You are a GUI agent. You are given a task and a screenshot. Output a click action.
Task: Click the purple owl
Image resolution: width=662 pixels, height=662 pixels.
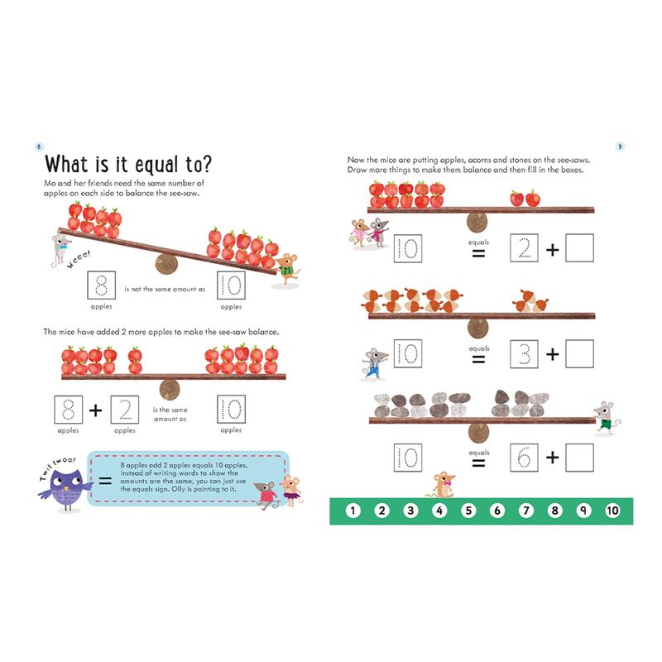tap(66, 490)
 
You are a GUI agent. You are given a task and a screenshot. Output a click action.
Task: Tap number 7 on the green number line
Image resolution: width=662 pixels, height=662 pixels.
tap(526, 511)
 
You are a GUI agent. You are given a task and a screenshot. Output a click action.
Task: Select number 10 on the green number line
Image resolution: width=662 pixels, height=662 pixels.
tap(612, 511)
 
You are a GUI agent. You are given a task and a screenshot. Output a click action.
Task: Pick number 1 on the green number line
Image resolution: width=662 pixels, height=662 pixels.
tap(353, 511)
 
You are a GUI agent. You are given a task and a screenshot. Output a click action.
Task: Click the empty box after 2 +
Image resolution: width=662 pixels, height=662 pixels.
tap(580, 248)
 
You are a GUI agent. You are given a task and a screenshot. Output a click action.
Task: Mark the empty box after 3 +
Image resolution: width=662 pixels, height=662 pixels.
tap(580, 354)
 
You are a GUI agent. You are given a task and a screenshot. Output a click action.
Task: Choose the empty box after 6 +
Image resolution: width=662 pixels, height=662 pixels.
tap(580, 458)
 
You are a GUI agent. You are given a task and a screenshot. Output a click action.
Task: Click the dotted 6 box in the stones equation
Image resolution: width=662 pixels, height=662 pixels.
tap(524, 458)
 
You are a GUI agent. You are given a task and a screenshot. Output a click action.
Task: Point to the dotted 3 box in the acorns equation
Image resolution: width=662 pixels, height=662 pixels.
tap(524, 354)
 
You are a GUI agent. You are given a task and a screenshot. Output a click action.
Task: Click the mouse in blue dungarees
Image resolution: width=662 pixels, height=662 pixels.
tap(374, 364)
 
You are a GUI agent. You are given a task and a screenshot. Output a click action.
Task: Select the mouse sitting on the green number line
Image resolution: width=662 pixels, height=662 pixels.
tap(442, 485)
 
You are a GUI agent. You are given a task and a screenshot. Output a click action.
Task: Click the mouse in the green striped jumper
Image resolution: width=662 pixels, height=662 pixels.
tap(287, 270)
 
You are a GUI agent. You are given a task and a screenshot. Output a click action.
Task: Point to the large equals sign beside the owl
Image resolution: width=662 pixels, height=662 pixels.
tap(105, 481)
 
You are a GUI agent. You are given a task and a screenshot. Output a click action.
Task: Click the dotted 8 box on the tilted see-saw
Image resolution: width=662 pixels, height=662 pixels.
tap(101, 285)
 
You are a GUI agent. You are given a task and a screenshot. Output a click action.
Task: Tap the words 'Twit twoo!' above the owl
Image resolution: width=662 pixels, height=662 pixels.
tap(56, 468)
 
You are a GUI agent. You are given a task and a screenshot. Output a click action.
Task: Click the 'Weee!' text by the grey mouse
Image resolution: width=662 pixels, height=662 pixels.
tap(79, 260)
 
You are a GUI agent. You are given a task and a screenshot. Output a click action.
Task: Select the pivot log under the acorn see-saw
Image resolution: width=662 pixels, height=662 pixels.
tap(478, 328)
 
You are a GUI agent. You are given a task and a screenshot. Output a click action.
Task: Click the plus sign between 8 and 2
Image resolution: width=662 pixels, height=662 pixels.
tap(96, 410)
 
